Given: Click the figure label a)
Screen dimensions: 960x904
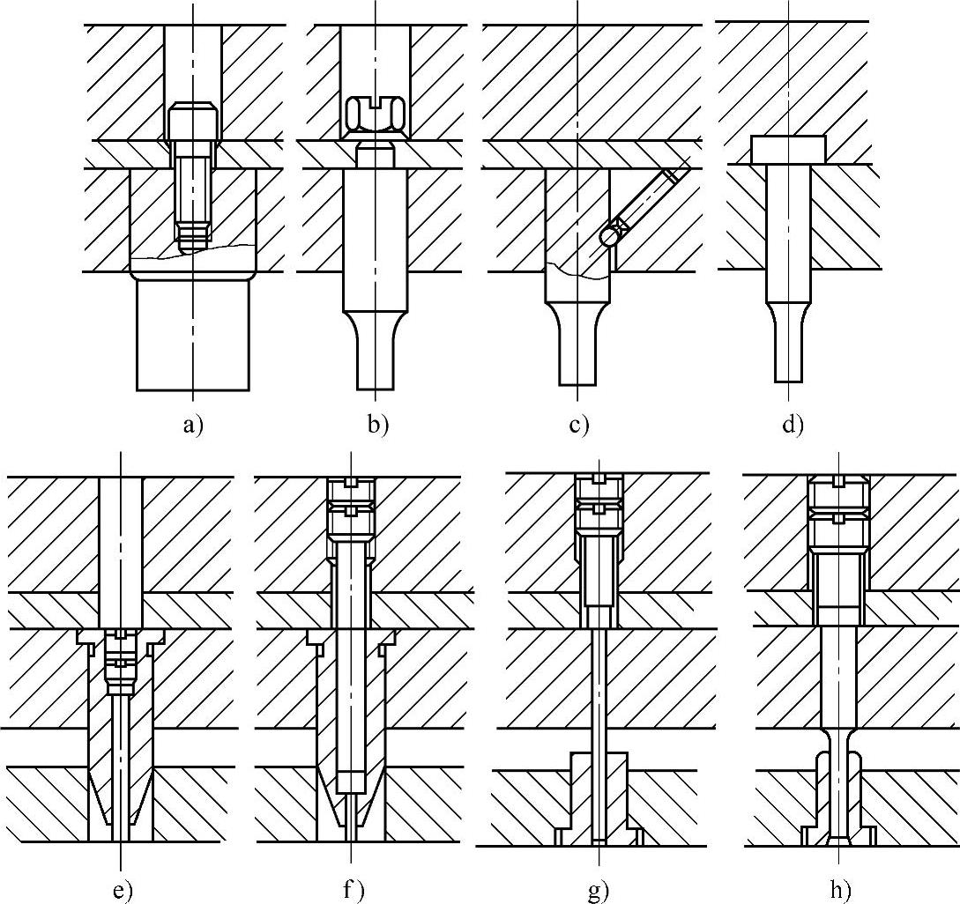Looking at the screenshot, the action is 192,426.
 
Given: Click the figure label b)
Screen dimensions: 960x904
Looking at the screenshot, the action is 377,426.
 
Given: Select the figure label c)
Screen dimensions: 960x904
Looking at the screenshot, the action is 577,426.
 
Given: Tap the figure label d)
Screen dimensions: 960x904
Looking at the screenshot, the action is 792,426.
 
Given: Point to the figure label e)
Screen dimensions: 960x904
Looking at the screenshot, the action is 122,890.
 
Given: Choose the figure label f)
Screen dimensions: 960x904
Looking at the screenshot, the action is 353,890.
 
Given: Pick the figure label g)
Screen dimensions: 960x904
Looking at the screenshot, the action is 598,890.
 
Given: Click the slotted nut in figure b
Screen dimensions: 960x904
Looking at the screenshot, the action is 375,114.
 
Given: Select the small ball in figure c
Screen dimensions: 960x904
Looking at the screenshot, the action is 609,235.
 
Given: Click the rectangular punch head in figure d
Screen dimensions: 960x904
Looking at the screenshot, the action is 788,149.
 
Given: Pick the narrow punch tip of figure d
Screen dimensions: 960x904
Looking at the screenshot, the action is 788,352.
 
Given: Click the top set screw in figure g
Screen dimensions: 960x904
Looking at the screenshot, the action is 599,487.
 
